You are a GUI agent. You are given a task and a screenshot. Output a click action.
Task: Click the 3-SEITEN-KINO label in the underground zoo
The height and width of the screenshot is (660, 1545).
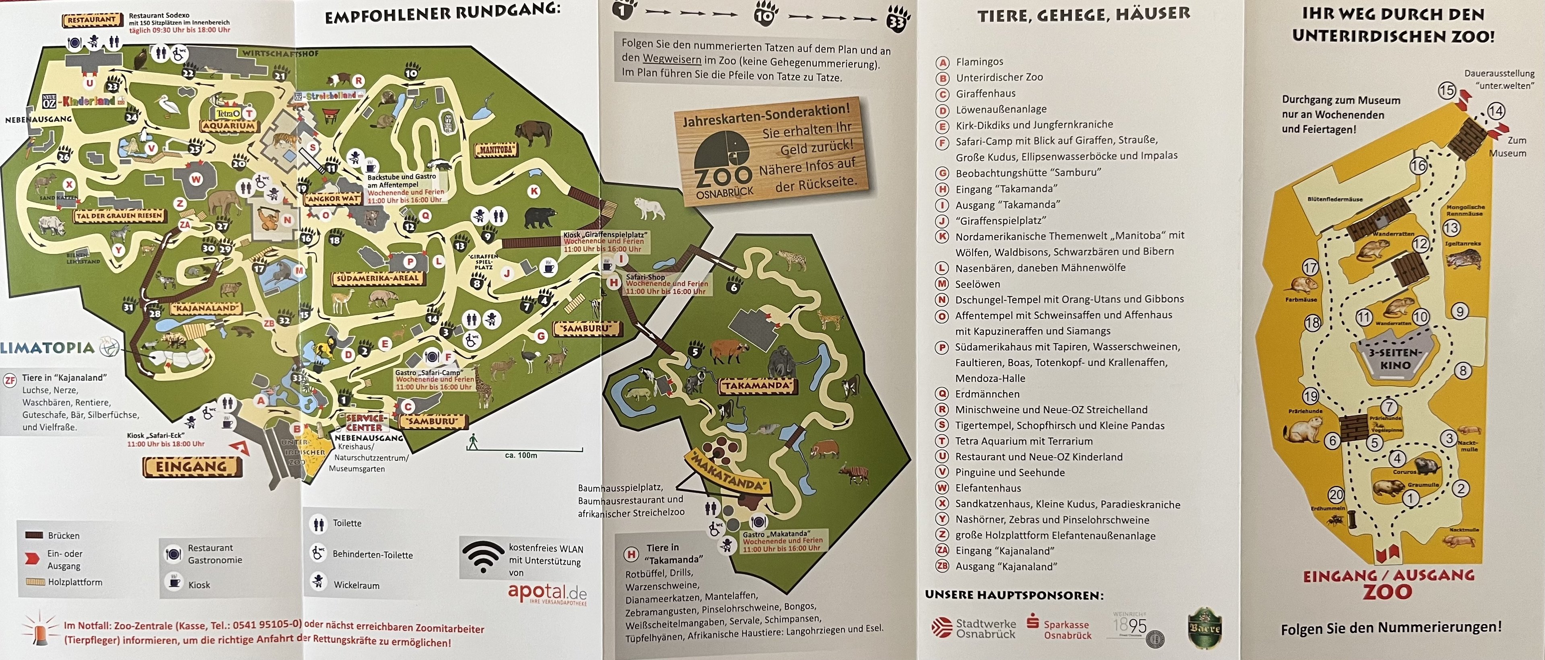point(1395,358)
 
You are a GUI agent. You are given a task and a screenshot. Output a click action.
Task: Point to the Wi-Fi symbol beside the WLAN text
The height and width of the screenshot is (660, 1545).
point(483,557)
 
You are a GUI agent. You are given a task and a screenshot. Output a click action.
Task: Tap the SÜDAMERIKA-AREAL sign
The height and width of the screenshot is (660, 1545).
point(377,278)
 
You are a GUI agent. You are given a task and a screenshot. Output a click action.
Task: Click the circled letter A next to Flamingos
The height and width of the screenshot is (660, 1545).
point(943,62)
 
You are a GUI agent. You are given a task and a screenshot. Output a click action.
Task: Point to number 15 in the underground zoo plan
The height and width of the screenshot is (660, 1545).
point(1446,90)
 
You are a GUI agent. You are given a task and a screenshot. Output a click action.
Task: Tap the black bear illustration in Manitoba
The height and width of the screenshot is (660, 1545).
point(540,217)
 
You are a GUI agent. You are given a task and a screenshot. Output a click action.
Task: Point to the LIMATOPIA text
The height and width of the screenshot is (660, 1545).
point(47,347)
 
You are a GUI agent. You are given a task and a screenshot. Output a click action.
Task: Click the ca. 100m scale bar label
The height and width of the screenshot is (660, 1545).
point(521,455)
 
